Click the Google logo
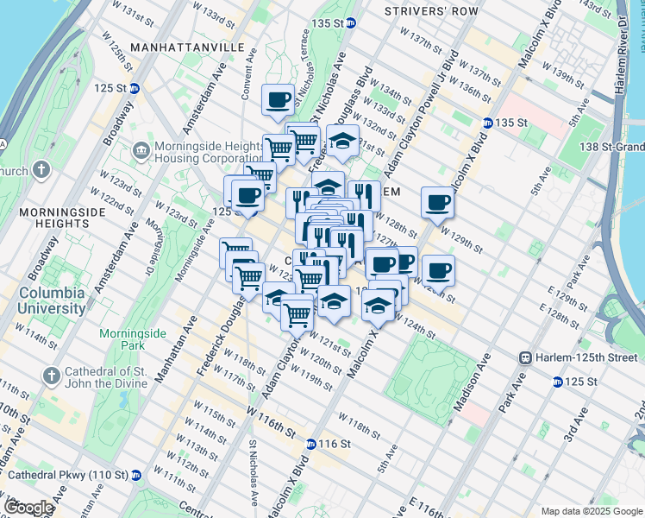click(29, 509)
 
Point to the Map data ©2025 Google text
click(591, 510)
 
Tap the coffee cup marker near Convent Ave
click(279, 100)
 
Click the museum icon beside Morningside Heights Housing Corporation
click(141, 150)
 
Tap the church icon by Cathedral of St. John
click(52, 376)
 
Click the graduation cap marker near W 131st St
click(342, 141)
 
